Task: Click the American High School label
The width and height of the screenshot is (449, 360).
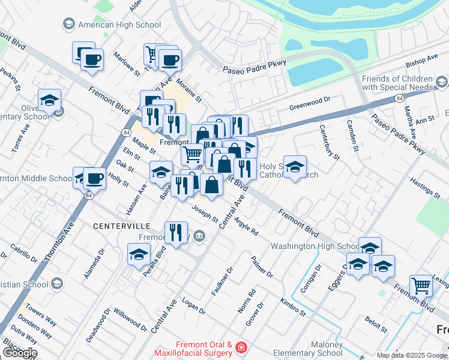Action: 119,25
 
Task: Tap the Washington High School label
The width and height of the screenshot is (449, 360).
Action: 315,246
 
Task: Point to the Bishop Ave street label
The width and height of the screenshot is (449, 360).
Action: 421,61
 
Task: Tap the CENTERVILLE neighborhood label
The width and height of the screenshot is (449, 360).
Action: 122,226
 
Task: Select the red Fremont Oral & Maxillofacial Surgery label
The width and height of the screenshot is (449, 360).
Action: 204,349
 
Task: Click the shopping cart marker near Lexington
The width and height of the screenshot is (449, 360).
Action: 421,286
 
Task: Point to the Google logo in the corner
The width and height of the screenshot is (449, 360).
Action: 19,353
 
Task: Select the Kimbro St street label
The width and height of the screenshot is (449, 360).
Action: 293,305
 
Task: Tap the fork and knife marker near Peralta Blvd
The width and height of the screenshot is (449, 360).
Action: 175,232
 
